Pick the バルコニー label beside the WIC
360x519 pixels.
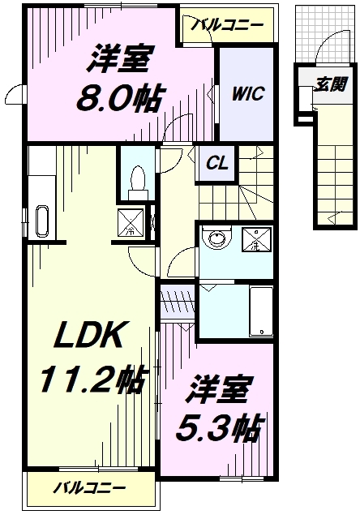pyautogui.click(x=227, y=26)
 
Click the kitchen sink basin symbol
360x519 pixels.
pyautogui.click(x=42, y=221)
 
